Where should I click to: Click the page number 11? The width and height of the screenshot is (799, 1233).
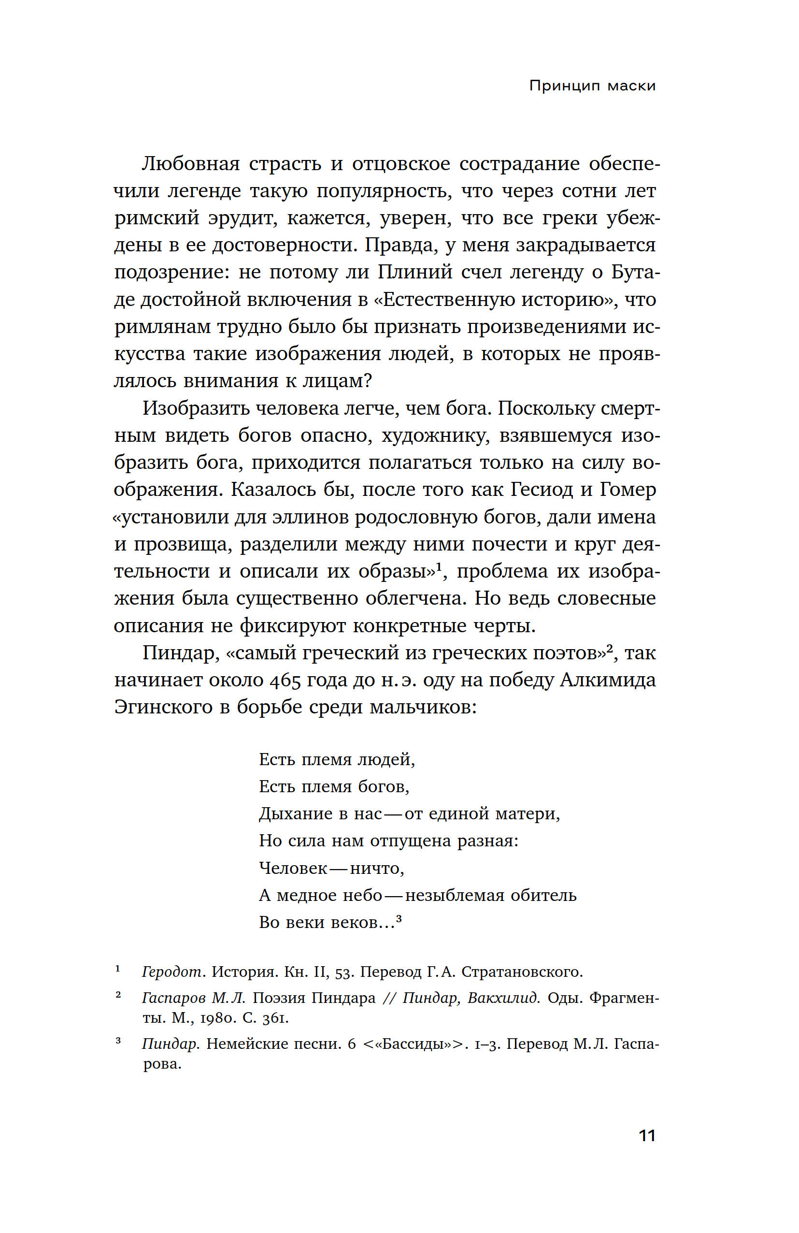647,1135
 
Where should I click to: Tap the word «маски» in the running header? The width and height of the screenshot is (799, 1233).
631,86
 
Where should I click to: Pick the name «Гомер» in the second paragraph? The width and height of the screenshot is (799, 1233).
628,490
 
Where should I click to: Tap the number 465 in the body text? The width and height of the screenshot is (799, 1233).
284,680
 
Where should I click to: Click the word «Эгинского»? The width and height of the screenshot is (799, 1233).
163,707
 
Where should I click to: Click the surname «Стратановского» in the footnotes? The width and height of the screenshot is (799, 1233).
522,972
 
